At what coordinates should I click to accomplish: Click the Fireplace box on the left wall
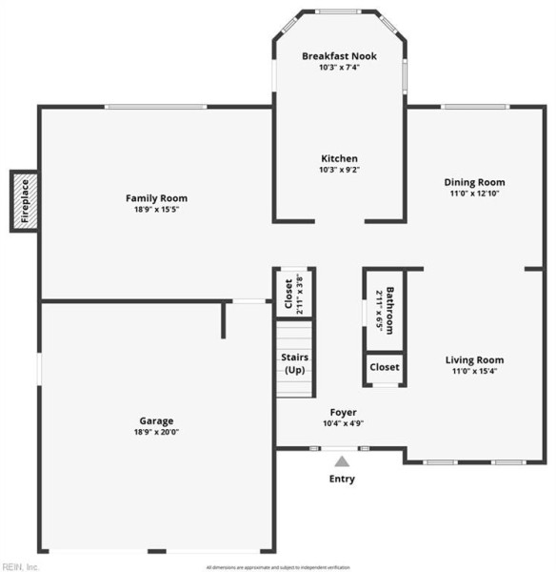click(25, 201)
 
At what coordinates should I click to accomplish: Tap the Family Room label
click(156, 198)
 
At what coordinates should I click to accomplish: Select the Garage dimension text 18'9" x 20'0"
click(156, 432)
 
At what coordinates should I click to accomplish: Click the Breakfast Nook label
click(339, 56)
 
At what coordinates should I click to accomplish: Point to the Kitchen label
click(339, 158)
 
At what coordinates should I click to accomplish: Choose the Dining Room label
click(474, 182)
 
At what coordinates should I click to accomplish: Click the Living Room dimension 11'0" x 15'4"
click(474, 372)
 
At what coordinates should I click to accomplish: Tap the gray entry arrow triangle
click(341, 461)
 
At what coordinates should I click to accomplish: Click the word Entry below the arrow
click(341, 479)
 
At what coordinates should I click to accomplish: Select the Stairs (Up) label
click(294, 363)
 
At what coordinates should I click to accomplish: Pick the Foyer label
click(343, 412)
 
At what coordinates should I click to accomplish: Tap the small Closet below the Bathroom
click(385, 367)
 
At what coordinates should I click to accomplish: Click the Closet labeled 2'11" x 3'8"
click(294, 296)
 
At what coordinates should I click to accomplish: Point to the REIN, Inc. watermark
click(20, 566)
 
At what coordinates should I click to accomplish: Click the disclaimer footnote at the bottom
click(278, 566)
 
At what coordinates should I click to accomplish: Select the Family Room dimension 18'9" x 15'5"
click(156, 210)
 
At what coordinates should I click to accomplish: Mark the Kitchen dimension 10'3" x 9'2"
click(339, 170)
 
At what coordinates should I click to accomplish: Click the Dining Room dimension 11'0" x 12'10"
click(474, 194)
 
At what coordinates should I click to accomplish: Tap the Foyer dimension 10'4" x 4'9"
click(343, 423)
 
